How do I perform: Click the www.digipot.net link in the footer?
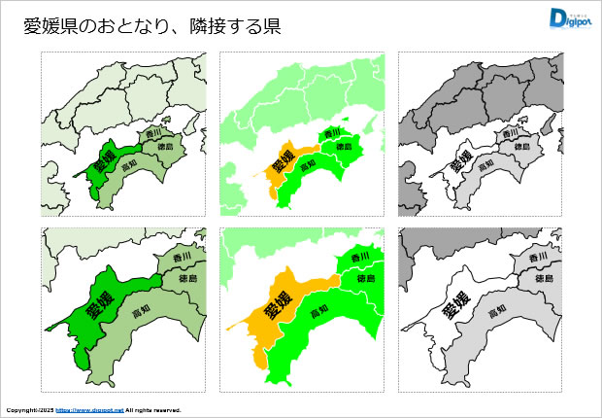pos(89,410)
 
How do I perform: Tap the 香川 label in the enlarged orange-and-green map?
pos(359,257)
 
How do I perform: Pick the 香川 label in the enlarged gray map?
pos(539,257)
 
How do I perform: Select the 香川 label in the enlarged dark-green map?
pos(181,257)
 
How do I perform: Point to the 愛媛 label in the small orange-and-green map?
pos(281,160)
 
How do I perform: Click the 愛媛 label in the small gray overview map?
pos(460,160)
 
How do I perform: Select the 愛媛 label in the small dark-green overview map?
pos(102,160)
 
